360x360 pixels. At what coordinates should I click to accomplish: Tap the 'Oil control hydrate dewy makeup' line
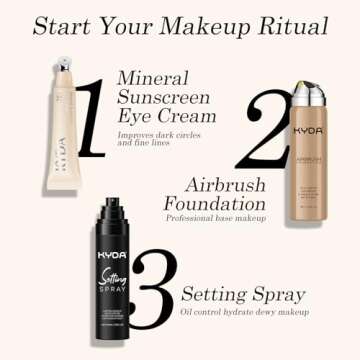pos(246,312)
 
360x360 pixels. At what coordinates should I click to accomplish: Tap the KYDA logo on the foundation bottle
pos(309,131)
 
